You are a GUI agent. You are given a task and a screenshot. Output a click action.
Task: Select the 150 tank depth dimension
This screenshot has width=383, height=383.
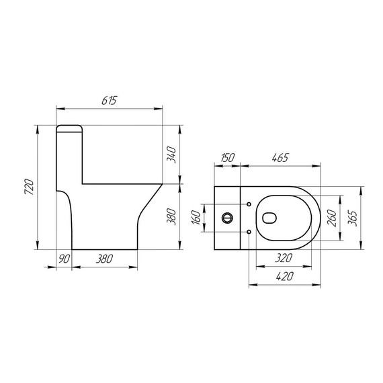pyautogui.click(x=227, y=157)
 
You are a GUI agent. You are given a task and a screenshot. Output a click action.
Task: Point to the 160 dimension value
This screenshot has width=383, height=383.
pyautogui.click(x=197, y=218)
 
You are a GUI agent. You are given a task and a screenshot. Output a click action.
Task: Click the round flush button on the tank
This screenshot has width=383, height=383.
pyautogui.click(x=227, y=218)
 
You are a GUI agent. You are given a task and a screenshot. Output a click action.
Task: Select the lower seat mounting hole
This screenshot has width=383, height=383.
pyautogui.click(x=249, y=232)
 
